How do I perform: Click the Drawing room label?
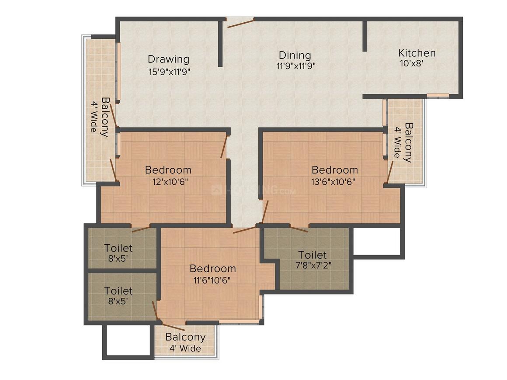click(x=168, y=59)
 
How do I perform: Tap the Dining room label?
click(x=295, y=55)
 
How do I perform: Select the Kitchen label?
click(x=417, y=53)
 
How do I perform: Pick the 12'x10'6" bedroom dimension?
click(x=168, y=181)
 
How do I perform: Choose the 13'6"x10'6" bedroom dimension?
click(x=334, y=181)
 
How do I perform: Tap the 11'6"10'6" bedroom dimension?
click(x=213, y=280)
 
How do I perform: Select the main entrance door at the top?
click(x=240, y=22)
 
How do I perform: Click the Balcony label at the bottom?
click(x=185, y=337)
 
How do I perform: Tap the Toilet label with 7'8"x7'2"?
click(x=312, y=255)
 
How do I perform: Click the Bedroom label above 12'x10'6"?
click(x=168, y=170)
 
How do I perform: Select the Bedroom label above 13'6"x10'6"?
click(x=334, y=170)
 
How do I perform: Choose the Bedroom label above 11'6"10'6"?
click(x=213, y=269)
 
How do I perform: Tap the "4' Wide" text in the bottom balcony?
click(x=185, y=349)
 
